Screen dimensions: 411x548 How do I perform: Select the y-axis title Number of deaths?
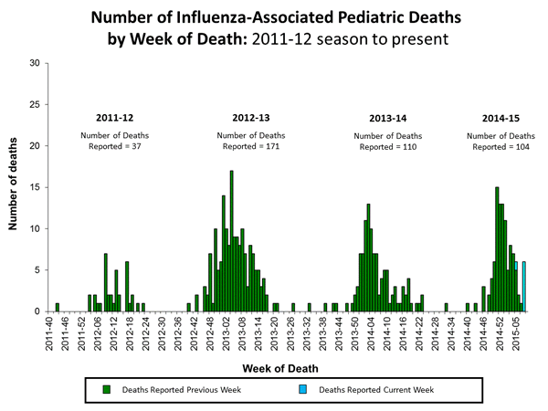coord(16,187)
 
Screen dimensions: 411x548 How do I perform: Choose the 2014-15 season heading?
coord(502,118)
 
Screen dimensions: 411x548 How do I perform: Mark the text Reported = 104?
coord(502,146)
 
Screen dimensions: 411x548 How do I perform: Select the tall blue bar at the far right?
coord(524,287)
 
